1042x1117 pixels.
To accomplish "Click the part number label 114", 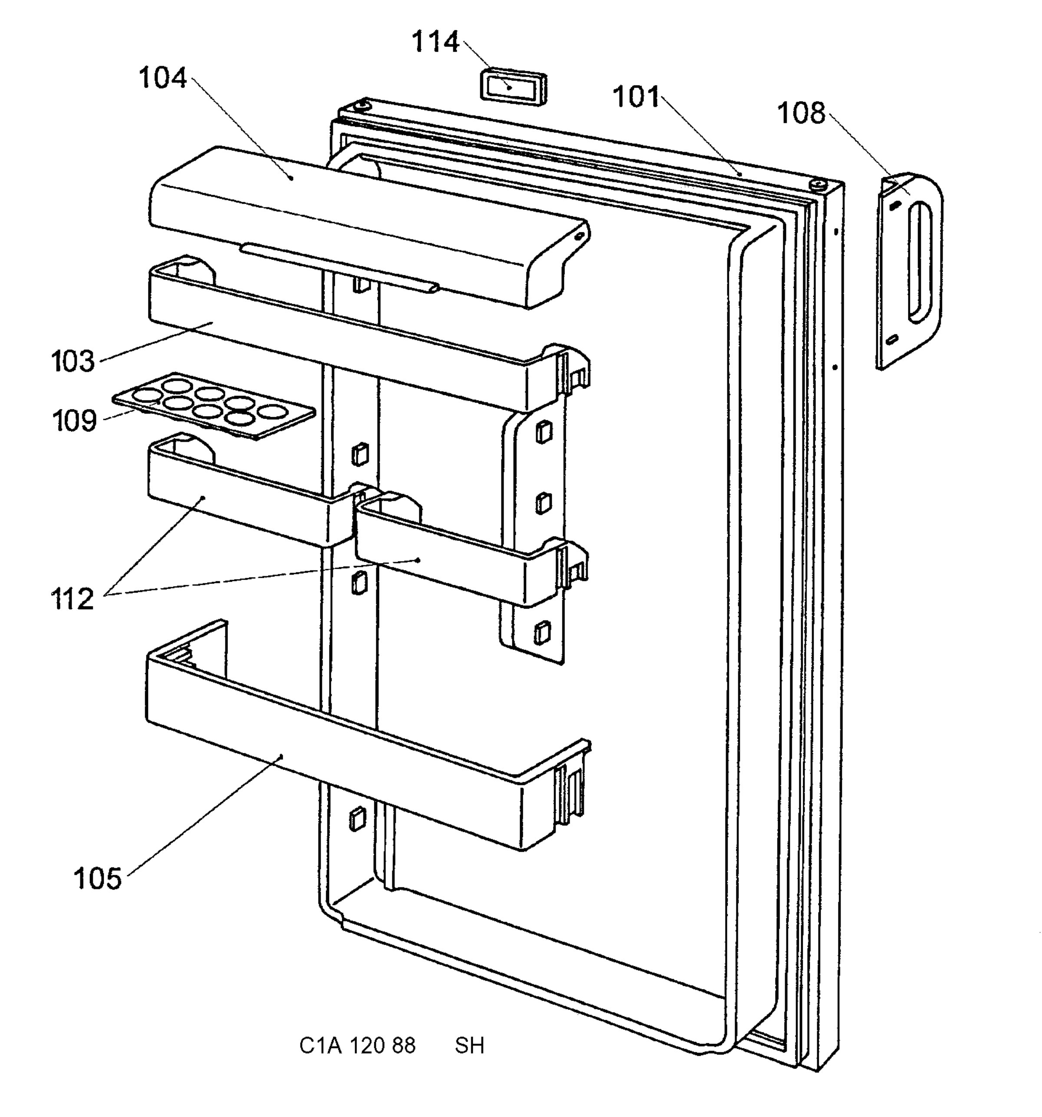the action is tap(435, 42).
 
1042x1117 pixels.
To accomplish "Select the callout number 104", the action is tap(162, 78).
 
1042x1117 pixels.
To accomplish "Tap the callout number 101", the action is tap(636, 97).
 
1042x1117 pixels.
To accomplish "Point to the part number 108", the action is tap(801, 113).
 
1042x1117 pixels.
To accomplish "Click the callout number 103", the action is tap(73, 361).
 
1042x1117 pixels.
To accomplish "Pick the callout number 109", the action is tap(74, 420).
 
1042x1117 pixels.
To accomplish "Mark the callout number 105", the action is tap(97, 878).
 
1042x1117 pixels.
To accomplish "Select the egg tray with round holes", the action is tap(214, 405).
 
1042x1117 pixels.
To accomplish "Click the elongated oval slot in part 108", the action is tap(920, 263).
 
